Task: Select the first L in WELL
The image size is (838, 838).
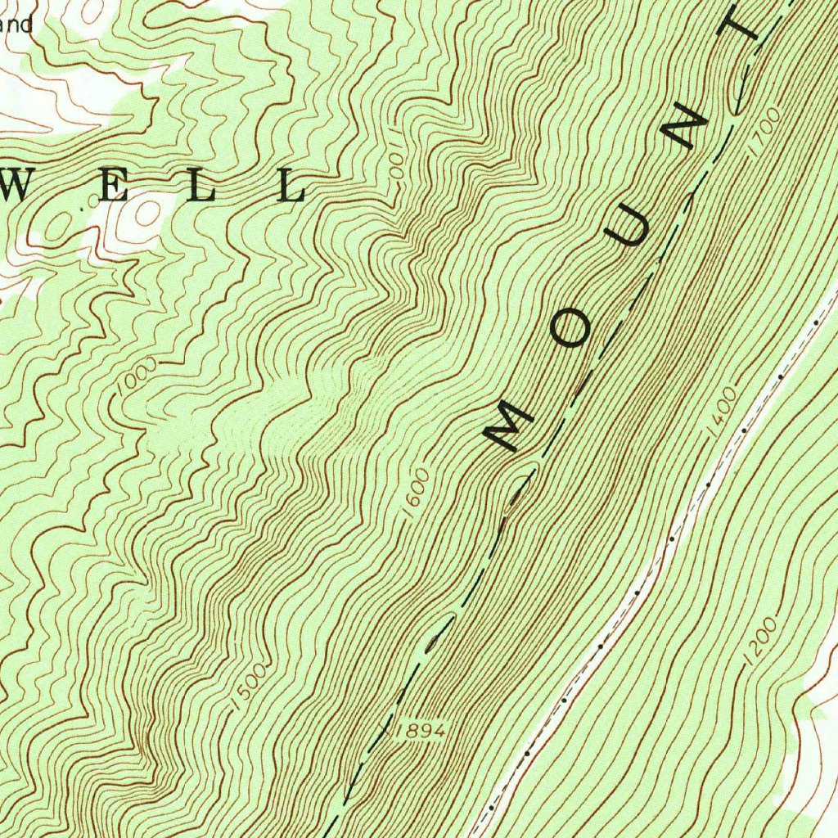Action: (x=204, y=188)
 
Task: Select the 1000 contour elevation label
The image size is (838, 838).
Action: (x=136, y=375)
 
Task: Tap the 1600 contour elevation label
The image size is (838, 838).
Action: (x=416, y=492)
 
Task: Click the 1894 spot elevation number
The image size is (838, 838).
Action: (x=421, y=731)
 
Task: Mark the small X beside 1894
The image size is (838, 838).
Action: (x=385, y=726)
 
